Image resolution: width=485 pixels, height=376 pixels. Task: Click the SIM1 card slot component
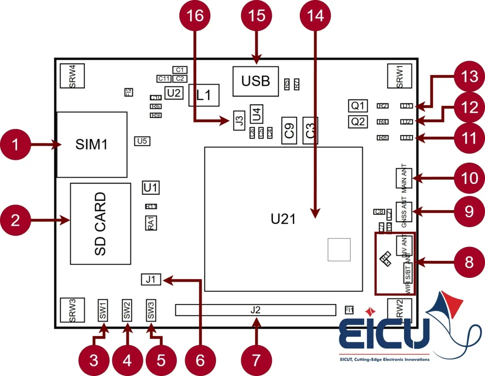pos(92,144)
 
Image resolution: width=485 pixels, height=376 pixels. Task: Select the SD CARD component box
pos(100,223)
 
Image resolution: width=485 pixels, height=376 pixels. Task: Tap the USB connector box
pos(255,81)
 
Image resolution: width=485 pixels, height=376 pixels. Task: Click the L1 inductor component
pos(204,95)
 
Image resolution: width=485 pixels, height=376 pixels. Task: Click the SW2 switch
pos(127,310)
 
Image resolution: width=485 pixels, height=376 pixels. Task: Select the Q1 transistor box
pos(359,105)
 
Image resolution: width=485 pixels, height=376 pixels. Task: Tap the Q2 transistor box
pos(359,121)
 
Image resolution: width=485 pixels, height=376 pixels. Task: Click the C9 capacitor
pos(288,130)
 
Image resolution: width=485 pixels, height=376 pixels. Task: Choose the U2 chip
pos(174,93)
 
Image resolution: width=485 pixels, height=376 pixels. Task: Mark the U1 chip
pos(151,187)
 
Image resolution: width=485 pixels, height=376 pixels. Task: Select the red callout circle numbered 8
pos(469,262)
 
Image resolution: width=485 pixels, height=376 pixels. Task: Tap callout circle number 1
pos(16,144)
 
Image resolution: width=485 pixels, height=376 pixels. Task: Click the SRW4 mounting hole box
pos(72,75)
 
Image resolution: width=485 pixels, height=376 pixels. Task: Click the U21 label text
pos(283,219)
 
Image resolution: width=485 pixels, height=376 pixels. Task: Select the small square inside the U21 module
pos(339,250)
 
